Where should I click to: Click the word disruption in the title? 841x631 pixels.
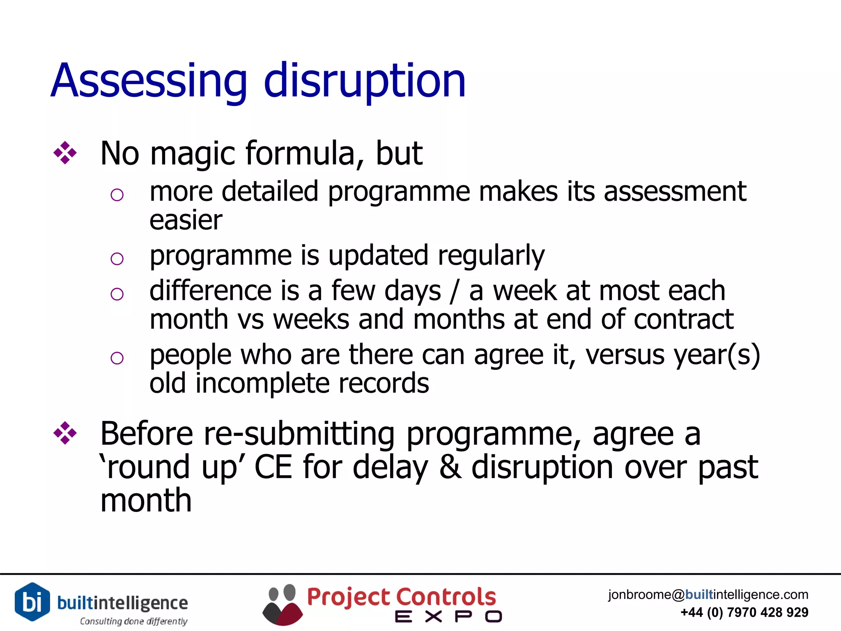click(x=365, y=81)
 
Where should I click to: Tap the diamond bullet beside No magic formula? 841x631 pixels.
click(x=65, y=153)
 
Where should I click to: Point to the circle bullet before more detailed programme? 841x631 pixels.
click(x=117, y=195)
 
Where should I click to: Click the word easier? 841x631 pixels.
click(x=186, y=221)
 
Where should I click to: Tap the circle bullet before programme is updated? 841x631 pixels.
click(x=117, y=259)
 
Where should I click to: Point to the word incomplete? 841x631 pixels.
click(x=262, y=383)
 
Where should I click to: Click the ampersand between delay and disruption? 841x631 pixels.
click(x=450, y=467)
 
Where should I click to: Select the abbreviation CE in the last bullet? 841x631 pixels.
click(x=273, y=467)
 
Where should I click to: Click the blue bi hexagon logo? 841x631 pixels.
click(x=32, y=602)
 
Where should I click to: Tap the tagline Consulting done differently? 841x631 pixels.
click(x=133, y=621)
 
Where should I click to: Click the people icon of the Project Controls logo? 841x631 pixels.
click(x=282, y=605)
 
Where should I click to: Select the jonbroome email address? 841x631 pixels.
click(x=708, y=594)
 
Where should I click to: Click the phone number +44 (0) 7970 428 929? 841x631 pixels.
click(x=744, y=613)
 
